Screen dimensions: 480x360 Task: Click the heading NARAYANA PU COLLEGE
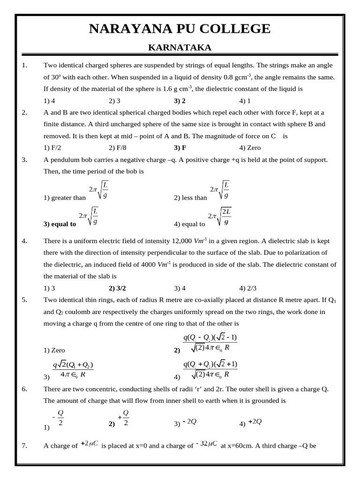pos(180,29)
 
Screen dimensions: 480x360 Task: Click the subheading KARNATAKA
pos(180,47)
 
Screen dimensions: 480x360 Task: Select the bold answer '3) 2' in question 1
pos(180,100)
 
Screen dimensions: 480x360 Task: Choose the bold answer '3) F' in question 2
pos(180,148)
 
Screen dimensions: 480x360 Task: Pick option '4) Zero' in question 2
pos(250,148)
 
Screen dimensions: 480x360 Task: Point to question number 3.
pos(25,160)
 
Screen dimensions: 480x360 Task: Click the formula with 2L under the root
pos(221,217)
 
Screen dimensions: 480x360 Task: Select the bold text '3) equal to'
pos(60,224)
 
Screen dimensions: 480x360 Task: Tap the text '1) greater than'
pos(65,198)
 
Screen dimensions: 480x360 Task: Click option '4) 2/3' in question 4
pos(248,288)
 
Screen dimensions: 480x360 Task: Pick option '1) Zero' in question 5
pos(54,350)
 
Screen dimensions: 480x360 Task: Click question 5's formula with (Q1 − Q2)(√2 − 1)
pos(210,343)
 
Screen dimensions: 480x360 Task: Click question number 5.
pos(25,300)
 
